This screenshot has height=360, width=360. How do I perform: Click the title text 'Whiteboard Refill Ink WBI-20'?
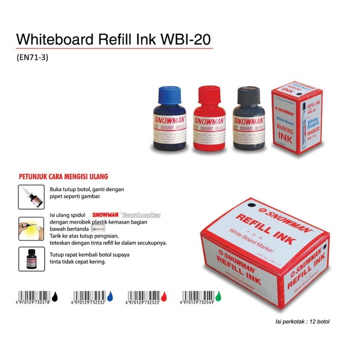click(x=114, y=40)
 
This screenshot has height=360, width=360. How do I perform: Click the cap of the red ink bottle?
click(x=207, y=96)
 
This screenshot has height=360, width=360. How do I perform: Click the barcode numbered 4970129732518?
click(x=34, y=297)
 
